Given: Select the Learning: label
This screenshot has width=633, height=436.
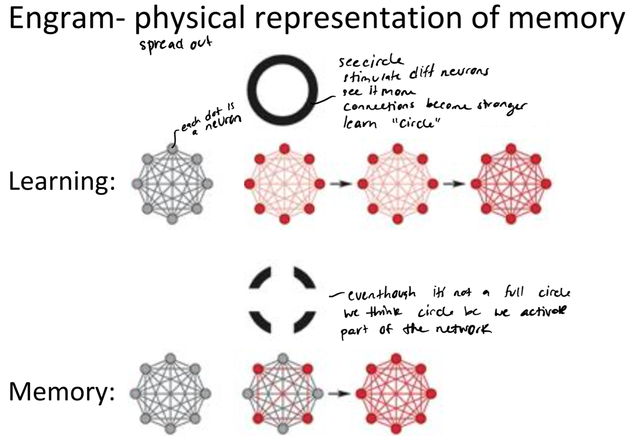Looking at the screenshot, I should coord(62,183).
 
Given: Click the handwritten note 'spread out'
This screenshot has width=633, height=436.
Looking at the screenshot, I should coord(175,45).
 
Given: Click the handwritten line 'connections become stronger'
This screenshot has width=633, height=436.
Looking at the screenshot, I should coord(434,106).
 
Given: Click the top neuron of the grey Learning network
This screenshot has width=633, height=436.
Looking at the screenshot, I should coord(172,148).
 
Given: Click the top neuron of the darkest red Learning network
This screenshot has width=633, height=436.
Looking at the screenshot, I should coord(511,148).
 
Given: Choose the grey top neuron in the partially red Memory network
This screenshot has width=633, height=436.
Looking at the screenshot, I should coord(284,358).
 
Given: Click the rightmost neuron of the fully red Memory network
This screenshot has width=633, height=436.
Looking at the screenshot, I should coord(431,393).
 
